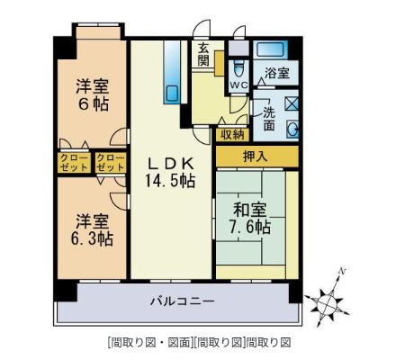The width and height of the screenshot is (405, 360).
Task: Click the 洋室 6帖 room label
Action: pyautogui.click(x=93, y=94)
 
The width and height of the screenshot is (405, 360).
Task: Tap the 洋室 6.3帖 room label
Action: pyautogui.click(x=93, y=229)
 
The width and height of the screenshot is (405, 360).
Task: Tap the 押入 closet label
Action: pyautogui.click(x=256, y=157)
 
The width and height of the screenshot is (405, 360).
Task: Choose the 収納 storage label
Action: pyautogui.click(x=231, y=134)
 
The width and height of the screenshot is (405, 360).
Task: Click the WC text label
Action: pyautogui.click(x=238, y=85)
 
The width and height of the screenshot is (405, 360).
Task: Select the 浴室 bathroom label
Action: pyautogui.click(x=275, y=73)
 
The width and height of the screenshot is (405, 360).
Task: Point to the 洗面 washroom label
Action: pyautogui.click(x=269, y=119)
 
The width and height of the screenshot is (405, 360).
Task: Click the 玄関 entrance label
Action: pyautogui.click(x=204, y=55)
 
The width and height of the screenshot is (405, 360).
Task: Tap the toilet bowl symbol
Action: pyautogui.click(x=238, y=68)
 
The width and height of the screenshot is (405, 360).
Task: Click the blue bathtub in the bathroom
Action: pyautogui.click(x=270, y=49)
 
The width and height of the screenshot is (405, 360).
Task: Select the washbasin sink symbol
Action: pyautogui.click(x=293, y=128)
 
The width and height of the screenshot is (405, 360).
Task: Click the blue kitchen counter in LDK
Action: pyautogui.click(x=172, y=72)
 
